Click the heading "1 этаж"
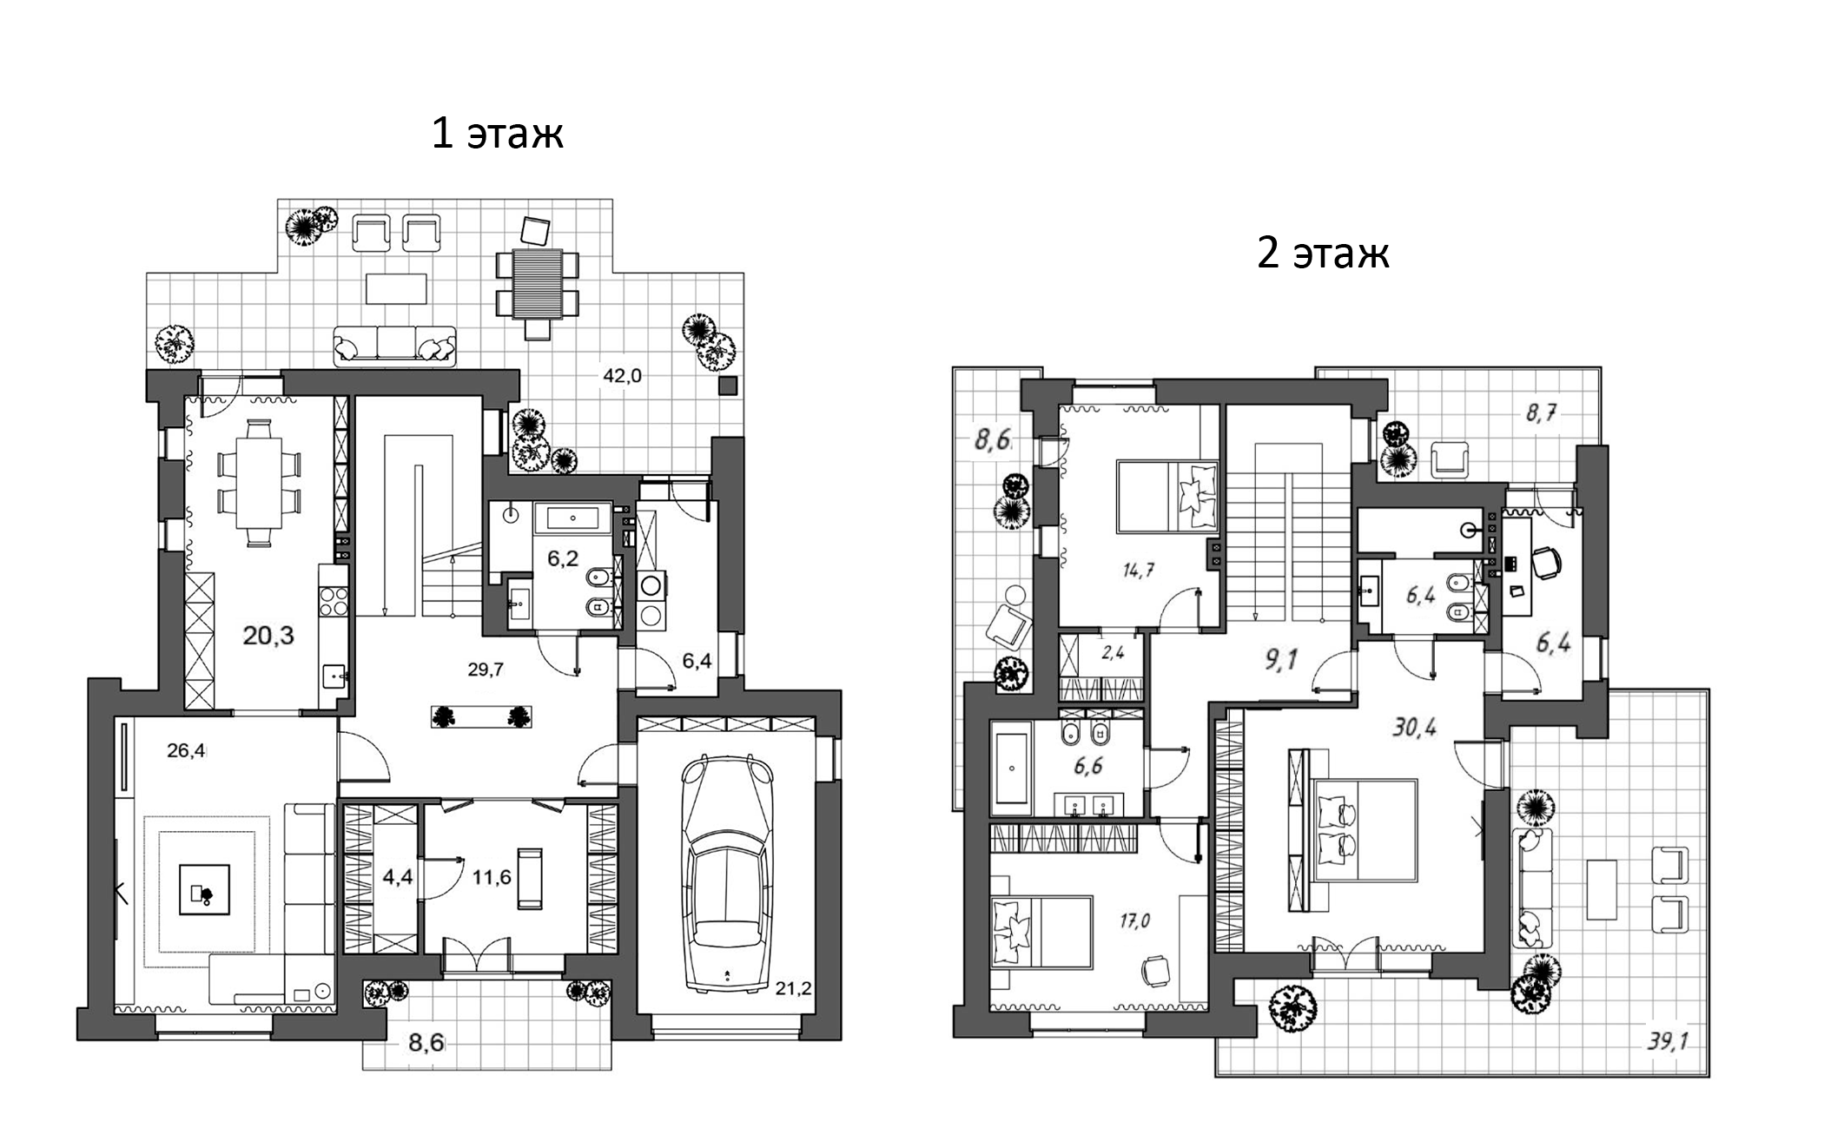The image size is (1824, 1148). (498, 134)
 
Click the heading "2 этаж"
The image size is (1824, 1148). (1323, 253)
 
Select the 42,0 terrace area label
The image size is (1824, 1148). (623, 376)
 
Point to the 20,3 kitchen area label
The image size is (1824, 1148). (268, 636)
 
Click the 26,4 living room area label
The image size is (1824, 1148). (186, 751)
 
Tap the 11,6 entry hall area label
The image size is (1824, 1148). (492, 877)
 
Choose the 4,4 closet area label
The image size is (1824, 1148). (398, 877)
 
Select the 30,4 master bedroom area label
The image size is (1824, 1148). (1415, 726)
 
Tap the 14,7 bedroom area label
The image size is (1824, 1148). (1138, 571)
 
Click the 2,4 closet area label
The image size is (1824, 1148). (1113, 653)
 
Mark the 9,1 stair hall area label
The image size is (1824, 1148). (1282, 660)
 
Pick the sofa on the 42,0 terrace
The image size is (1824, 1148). (395, 346)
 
